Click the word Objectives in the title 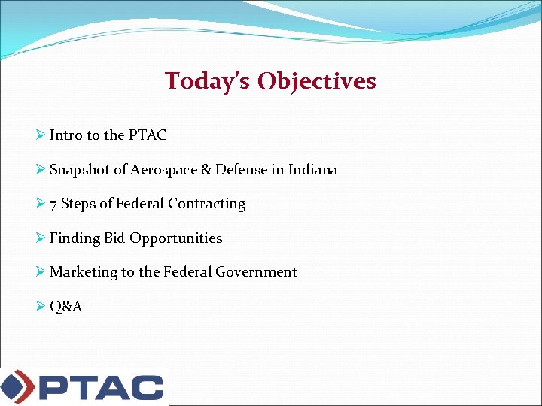click(316, 81)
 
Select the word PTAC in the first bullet click(147, 135)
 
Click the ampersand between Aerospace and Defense click(206, 170)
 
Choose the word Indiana click(312, 170)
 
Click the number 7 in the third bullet click(53, 205)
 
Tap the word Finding click(75, 238)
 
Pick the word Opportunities click(176, 239)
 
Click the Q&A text click(66, 307)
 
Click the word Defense click(241, 170)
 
